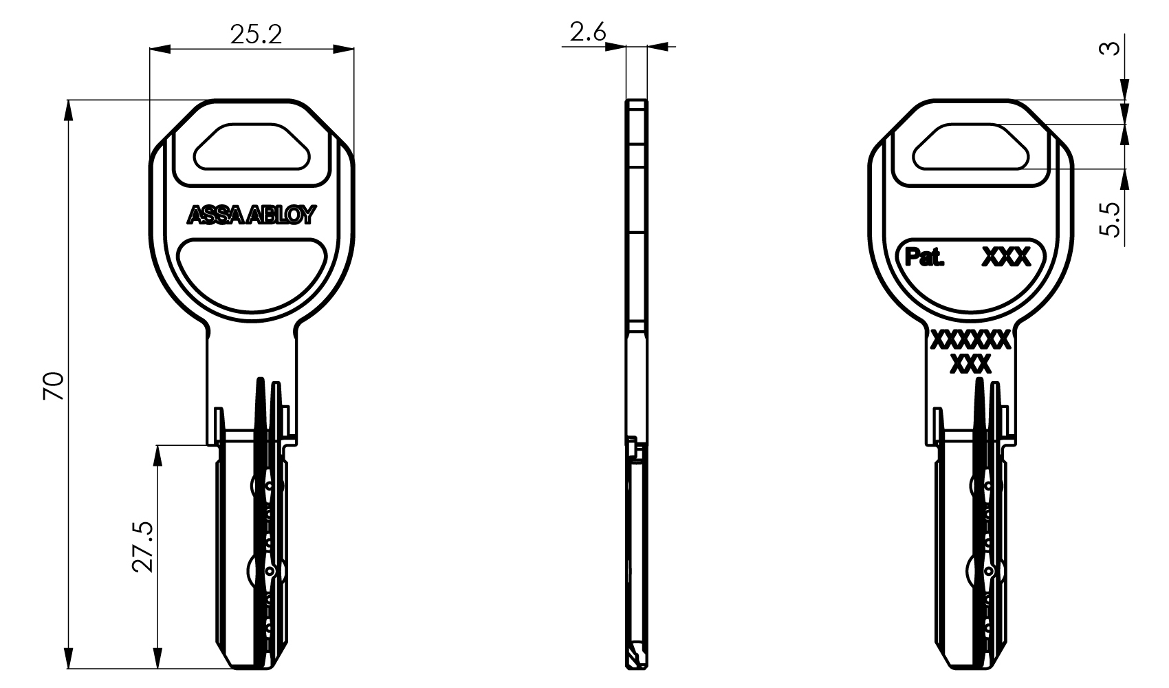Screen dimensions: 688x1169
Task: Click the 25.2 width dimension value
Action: [256, 34]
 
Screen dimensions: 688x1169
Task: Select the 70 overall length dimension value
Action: [54, 385]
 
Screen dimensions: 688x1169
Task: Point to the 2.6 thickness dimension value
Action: [587, 32]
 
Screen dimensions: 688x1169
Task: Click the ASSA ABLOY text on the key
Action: [252, 216]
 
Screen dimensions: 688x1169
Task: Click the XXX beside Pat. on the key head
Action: [1006, 257]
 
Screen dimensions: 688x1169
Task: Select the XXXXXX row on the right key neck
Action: [970, 339]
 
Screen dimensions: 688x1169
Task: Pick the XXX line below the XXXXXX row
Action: [970, 365]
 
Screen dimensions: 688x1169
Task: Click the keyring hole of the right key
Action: [970, 147]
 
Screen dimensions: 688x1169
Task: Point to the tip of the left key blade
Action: [252, 666]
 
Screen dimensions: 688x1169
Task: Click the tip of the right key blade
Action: [970, 666]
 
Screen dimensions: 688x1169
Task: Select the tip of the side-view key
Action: [636, 666]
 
